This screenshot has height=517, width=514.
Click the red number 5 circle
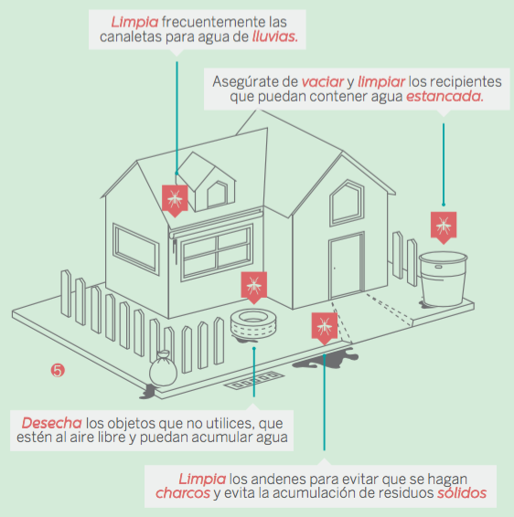click(58, 370)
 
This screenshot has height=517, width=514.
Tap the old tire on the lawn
click(253, 323)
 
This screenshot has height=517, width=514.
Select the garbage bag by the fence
click(163, 369)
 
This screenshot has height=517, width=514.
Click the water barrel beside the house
click(443, 279)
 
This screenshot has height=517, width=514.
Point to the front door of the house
click(347, 266)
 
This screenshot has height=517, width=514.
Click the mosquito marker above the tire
click(254, 287)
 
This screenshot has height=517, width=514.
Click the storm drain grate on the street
click(254, 381)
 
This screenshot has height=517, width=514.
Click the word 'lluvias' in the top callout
click(275, 37)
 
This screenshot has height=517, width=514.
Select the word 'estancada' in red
click(444, 97)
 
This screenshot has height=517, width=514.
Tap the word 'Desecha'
click(52, 423)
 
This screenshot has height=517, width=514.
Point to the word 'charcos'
click(183, 493)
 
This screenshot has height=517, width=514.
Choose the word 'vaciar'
click(323, 82)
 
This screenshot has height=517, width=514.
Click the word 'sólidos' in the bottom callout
click(462, 493)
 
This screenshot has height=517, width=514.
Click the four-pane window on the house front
click(217, 252)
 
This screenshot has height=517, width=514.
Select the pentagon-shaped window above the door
click(347, 203)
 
